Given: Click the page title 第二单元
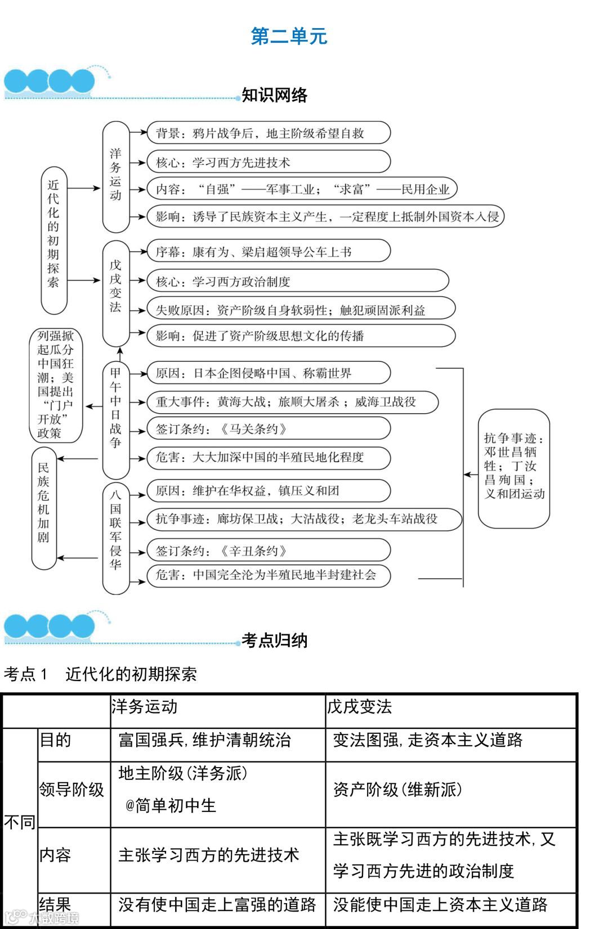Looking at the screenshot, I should [x=289, y=37].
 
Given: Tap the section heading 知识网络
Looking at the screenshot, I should [x=274, y=95].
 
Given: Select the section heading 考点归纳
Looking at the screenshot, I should [x=274, y=640].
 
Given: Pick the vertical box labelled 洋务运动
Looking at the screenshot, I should [x=115, y=176].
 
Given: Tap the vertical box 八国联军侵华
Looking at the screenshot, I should [x=115, y=538].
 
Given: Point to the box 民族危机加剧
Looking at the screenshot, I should [x=44, y=508].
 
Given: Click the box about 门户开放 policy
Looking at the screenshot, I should [x=56, y=385].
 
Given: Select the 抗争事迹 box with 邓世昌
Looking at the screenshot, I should [x=513, y=468].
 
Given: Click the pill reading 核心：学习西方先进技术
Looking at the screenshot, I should [x=268, y=163].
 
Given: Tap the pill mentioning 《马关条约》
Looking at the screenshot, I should [x=268, y=429].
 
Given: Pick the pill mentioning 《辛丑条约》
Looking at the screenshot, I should [x=268, y=551].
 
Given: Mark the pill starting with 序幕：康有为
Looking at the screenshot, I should [x=268, y=251].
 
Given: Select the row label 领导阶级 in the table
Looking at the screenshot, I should [x=72, y=790].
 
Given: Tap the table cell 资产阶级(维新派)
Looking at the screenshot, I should [x=397, y=790].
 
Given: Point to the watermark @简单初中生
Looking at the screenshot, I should [x=171, y=806].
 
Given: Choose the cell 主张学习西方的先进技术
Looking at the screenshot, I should [x=208, y=855].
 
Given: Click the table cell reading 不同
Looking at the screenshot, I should [x=20, y=823].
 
